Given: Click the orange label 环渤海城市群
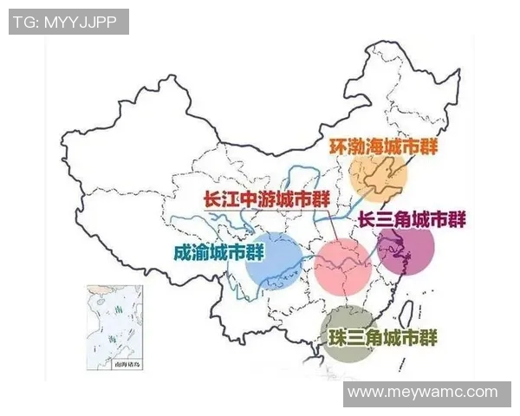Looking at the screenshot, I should (383, 146).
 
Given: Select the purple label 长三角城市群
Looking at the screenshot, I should (412, 220).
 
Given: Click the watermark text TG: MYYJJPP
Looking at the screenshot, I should (68, 22).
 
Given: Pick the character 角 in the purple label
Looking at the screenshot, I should (411, 220).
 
